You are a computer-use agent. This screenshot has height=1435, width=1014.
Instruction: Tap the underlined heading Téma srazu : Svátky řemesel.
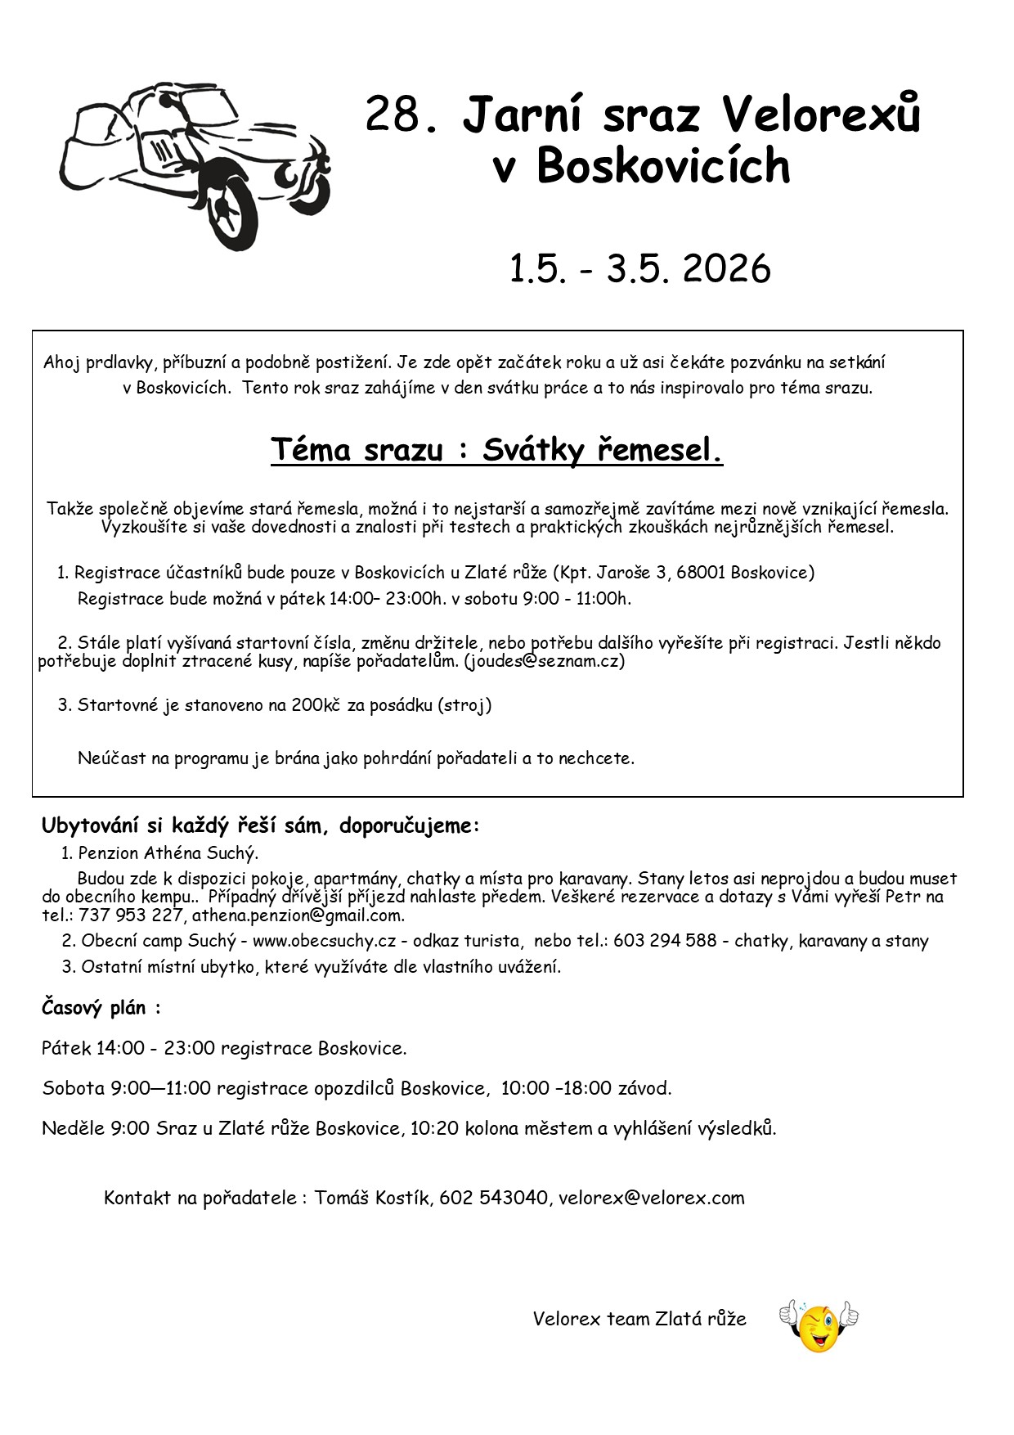[x=496, y=449]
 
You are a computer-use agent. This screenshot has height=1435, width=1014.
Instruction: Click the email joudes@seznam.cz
[x=545, y=661]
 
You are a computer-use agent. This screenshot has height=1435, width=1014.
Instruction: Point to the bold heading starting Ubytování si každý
[x=260, y=825]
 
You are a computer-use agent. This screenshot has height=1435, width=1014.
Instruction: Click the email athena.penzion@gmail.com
[x=298, y=915]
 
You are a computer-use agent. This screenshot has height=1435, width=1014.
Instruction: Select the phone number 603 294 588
[x=665, y=941]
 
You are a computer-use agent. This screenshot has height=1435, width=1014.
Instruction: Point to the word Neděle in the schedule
[x=69, y=1128]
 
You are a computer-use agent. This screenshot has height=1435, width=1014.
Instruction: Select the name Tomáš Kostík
[x=371, y=1198]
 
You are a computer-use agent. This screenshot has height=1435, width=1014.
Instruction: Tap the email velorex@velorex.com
[x=652, y=1198]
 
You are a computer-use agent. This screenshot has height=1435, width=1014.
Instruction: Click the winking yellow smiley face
[x=819, y=1327]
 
